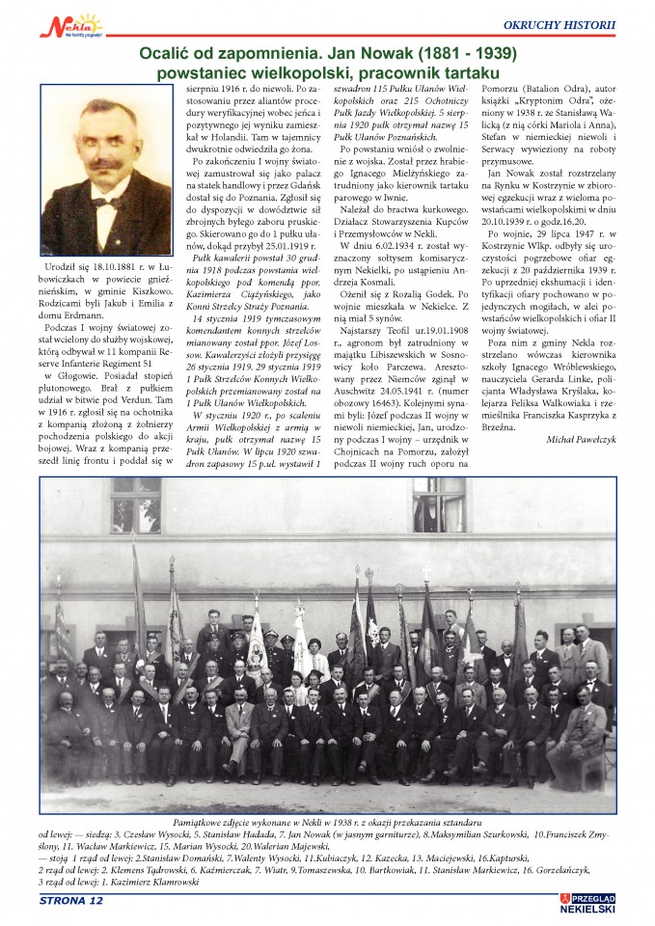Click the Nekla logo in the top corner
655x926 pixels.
pyautogui.click(x=73, y=23)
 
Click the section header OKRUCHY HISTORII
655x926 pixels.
pyautogui.click(x=559, y=23)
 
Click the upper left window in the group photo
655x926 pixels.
pyautogui.click(x=135, y=504)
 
